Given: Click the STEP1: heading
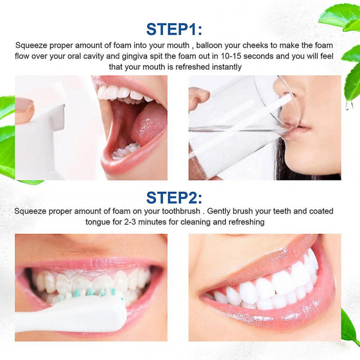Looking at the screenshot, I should [x=174, y=29].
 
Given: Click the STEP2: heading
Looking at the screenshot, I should [x=174, y=197].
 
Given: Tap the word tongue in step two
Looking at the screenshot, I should [x=97, y=222].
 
